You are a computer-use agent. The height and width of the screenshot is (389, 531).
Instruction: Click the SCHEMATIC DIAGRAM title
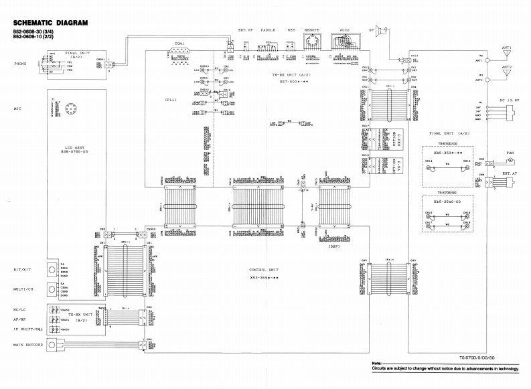tap(46, 23)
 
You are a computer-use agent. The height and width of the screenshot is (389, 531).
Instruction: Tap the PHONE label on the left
tap(20, 64)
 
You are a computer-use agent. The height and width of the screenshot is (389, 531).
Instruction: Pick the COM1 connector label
tap(179, 44)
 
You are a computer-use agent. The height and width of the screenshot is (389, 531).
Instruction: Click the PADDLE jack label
tap(269, 30)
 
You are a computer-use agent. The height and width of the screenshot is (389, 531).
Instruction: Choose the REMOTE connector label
tap(312, 30)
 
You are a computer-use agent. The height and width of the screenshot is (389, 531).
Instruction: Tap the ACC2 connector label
tap(345, 30)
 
